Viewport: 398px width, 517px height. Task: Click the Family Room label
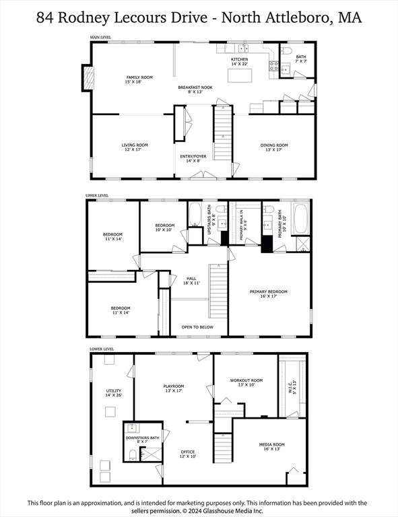pos(119,79)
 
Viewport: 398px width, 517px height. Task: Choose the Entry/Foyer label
pos(193,158)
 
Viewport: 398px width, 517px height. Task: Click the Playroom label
pos(173,388)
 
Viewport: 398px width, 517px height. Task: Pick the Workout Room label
pos(246,382)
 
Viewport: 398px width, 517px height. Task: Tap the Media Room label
pos(272,446)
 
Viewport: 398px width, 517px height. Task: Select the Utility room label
pos(112,392)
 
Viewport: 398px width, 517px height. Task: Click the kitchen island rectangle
pos(239,75)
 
